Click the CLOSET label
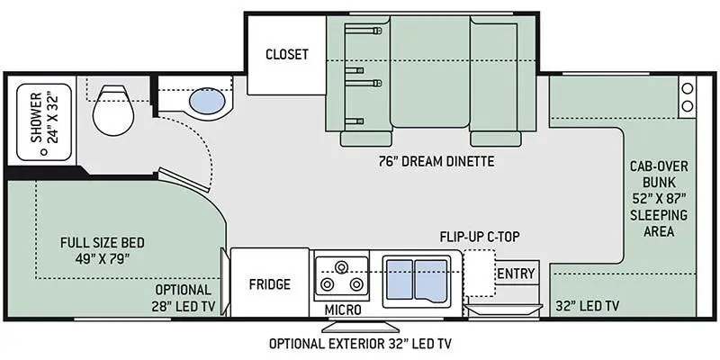click(286, 54)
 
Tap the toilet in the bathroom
click(112, 107)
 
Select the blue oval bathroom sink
click(206, 102)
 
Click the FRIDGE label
click(270, 284)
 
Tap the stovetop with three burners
click(341, 276)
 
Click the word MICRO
click(343, 310)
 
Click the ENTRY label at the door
click(516, 274)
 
